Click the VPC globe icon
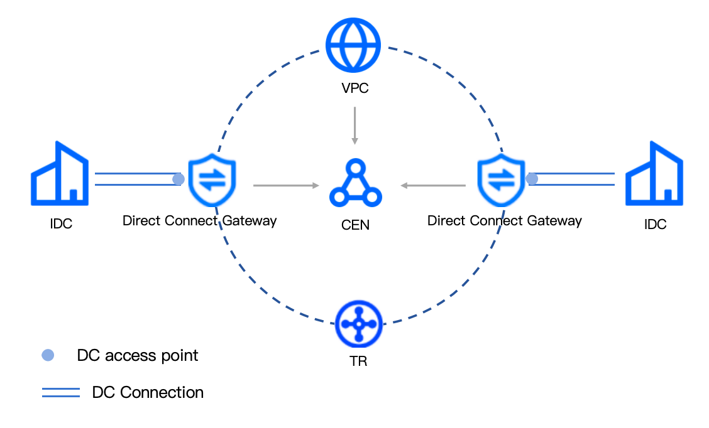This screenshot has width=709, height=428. [x=353, y=45]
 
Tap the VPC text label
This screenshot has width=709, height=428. [x=354, y=88]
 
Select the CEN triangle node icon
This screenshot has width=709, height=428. [x=355, y=183]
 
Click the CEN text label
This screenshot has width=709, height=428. [x=355, y=224]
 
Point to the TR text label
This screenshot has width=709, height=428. [x=358, y=361]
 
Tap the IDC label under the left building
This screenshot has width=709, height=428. [x=61, y=224]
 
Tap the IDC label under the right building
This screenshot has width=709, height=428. [x=655, y=224]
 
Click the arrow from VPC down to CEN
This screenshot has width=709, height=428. [x=354, y=126]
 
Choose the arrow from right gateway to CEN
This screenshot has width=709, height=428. [x=433, y=185]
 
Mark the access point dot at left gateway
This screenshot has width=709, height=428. [x=179, y=179]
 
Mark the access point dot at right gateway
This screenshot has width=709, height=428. [x=532, y=179]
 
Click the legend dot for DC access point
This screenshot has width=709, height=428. [x=48, y=355]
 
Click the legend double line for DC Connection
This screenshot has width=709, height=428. [x=61, y=393]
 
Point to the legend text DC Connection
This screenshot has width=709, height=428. [x=148, y=393]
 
